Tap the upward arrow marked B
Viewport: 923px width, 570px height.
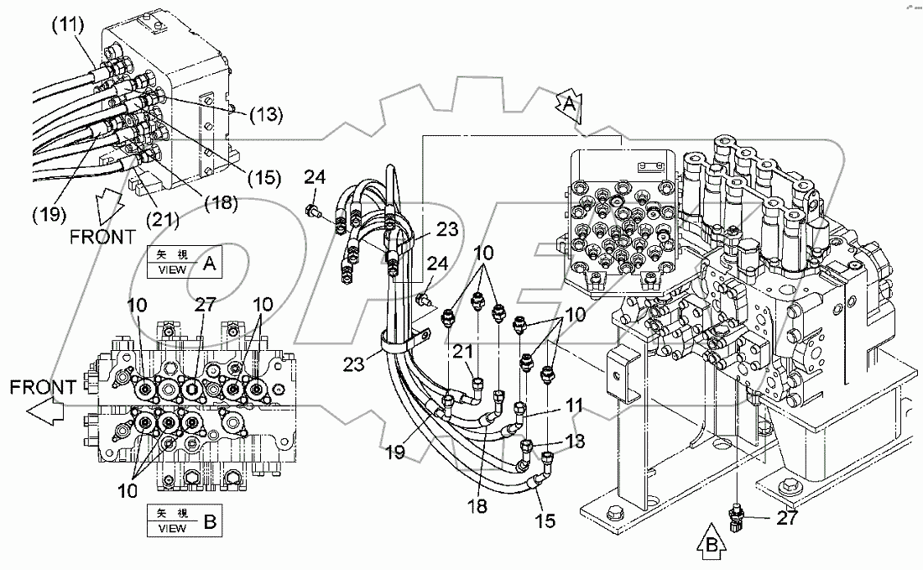(709, 548)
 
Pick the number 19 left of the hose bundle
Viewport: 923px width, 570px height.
(395, 452)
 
